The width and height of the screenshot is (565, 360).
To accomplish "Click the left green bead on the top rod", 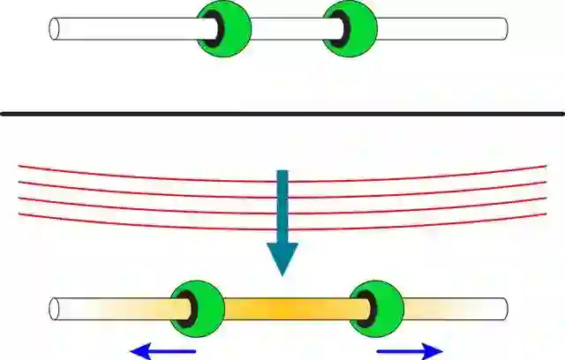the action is [x=228, y=27].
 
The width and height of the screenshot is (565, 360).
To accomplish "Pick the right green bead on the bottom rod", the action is [x=380, y=308].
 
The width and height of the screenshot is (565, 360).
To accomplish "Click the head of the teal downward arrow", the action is [x=282, y=256].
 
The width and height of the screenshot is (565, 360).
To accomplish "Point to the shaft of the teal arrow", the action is [x=282, y=203].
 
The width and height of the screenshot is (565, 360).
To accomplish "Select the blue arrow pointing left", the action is [x=162, y=351].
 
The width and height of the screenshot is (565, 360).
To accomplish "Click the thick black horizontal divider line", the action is [x=282, y=113].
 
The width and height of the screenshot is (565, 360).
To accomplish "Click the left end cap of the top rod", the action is [x=55, y=28].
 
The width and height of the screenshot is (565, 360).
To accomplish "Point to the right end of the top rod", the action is [x=504, y=28].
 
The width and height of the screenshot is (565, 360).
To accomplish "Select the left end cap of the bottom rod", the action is [x=55, y=309].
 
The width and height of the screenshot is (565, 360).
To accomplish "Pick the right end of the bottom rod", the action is [x=504, y=309].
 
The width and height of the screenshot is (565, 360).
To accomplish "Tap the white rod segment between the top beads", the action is [x=287, y=28].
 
